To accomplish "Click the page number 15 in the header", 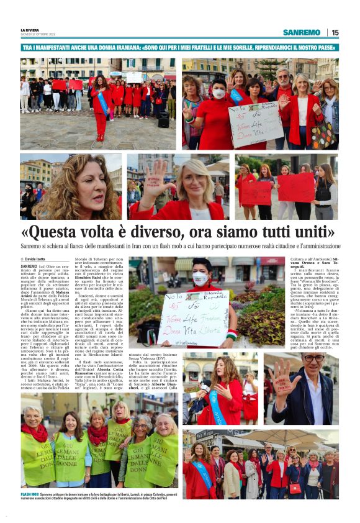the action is [335, 32].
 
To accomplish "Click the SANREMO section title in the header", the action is [301, 32].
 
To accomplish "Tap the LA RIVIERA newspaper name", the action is [30, 29].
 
